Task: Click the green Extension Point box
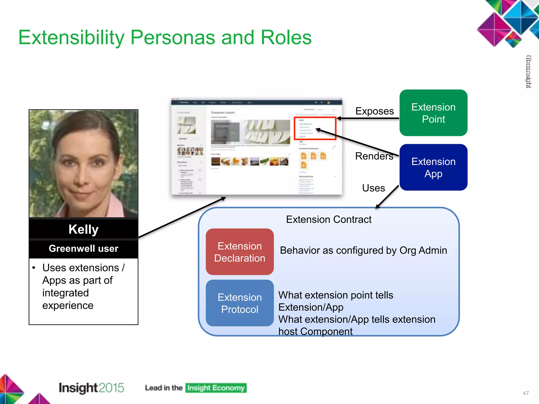point(433,113)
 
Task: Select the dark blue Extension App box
point(433,167)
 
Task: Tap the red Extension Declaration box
point(239,252)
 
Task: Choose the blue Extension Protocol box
point(239,303)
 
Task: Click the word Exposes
point(374,111)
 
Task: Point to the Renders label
point(374,156)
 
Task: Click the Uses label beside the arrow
point(373,188)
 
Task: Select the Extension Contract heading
point(328,219)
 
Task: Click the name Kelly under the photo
point(83,229)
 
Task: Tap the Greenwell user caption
point(83,248)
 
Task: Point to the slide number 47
point(526,393)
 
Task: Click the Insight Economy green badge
point(216,388)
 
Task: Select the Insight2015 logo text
point(91,388)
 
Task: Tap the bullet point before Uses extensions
point(34,268)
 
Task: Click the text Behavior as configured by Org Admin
point(363,250)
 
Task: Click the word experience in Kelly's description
point(68,305)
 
